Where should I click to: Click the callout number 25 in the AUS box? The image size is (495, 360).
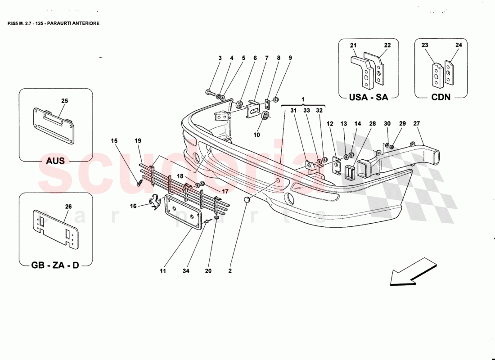(x=64, y=101)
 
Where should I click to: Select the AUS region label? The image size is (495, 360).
(x=55, y=161)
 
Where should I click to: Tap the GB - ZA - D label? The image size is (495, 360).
(x=55, y=265)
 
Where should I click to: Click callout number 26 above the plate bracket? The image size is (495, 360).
(x=68, y=207)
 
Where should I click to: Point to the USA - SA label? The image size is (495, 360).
(x=369, y=97)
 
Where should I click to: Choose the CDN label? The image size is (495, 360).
(x=441, y=97)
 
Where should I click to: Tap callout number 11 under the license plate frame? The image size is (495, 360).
(x=162, y=271)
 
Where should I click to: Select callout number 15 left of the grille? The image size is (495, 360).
(x=114, y=141)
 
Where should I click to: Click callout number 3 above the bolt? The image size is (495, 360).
(x=220, y=58)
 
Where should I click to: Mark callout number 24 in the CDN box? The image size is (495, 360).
(x=459, y=45)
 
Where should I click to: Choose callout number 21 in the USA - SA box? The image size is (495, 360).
(x=353, y=45)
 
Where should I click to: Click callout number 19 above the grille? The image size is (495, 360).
(x=138, y=141)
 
